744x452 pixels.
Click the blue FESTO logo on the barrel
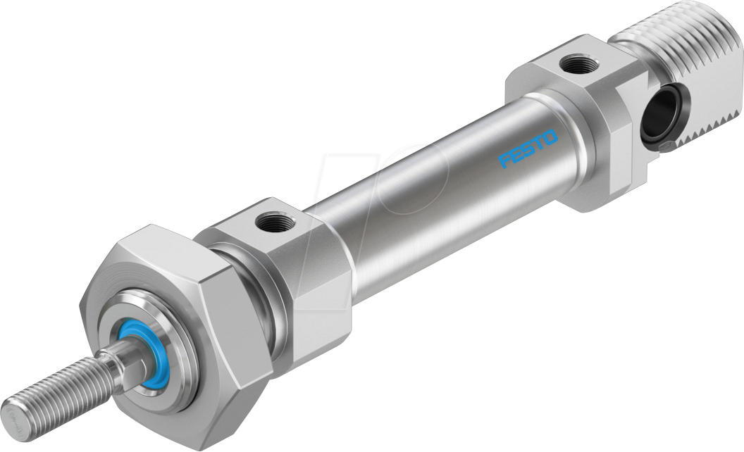[528, 149]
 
